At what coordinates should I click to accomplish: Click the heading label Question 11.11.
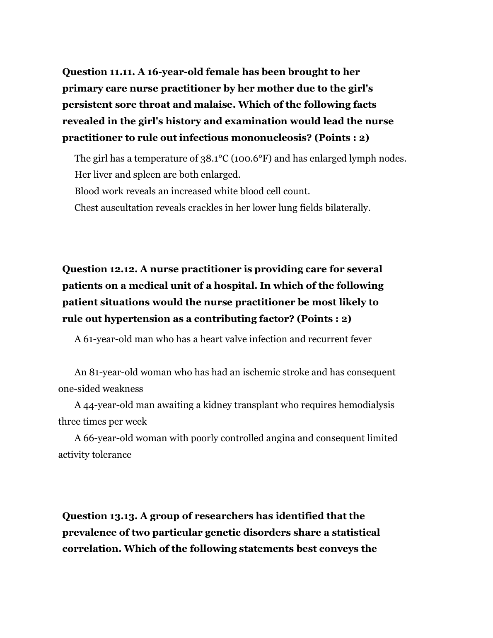[x=98, y=72]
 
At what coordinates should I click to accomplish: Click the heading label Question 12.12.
[x=99, y=269]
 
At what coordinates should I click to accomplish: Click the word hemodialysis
[x=366, y=405]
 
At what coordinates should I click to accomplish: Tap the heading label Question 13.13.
[x=99, y=516]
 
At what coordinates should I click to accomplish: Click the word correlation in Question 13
[x=91, y=549]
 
